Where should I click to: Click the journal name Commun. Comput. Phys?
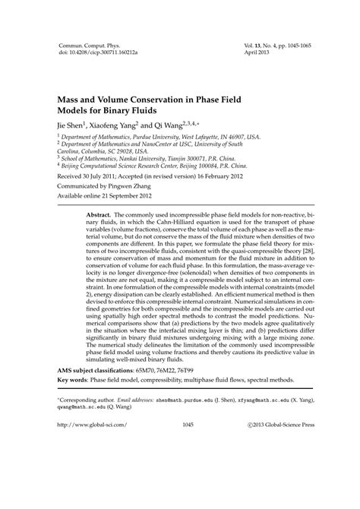(85, 47)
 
